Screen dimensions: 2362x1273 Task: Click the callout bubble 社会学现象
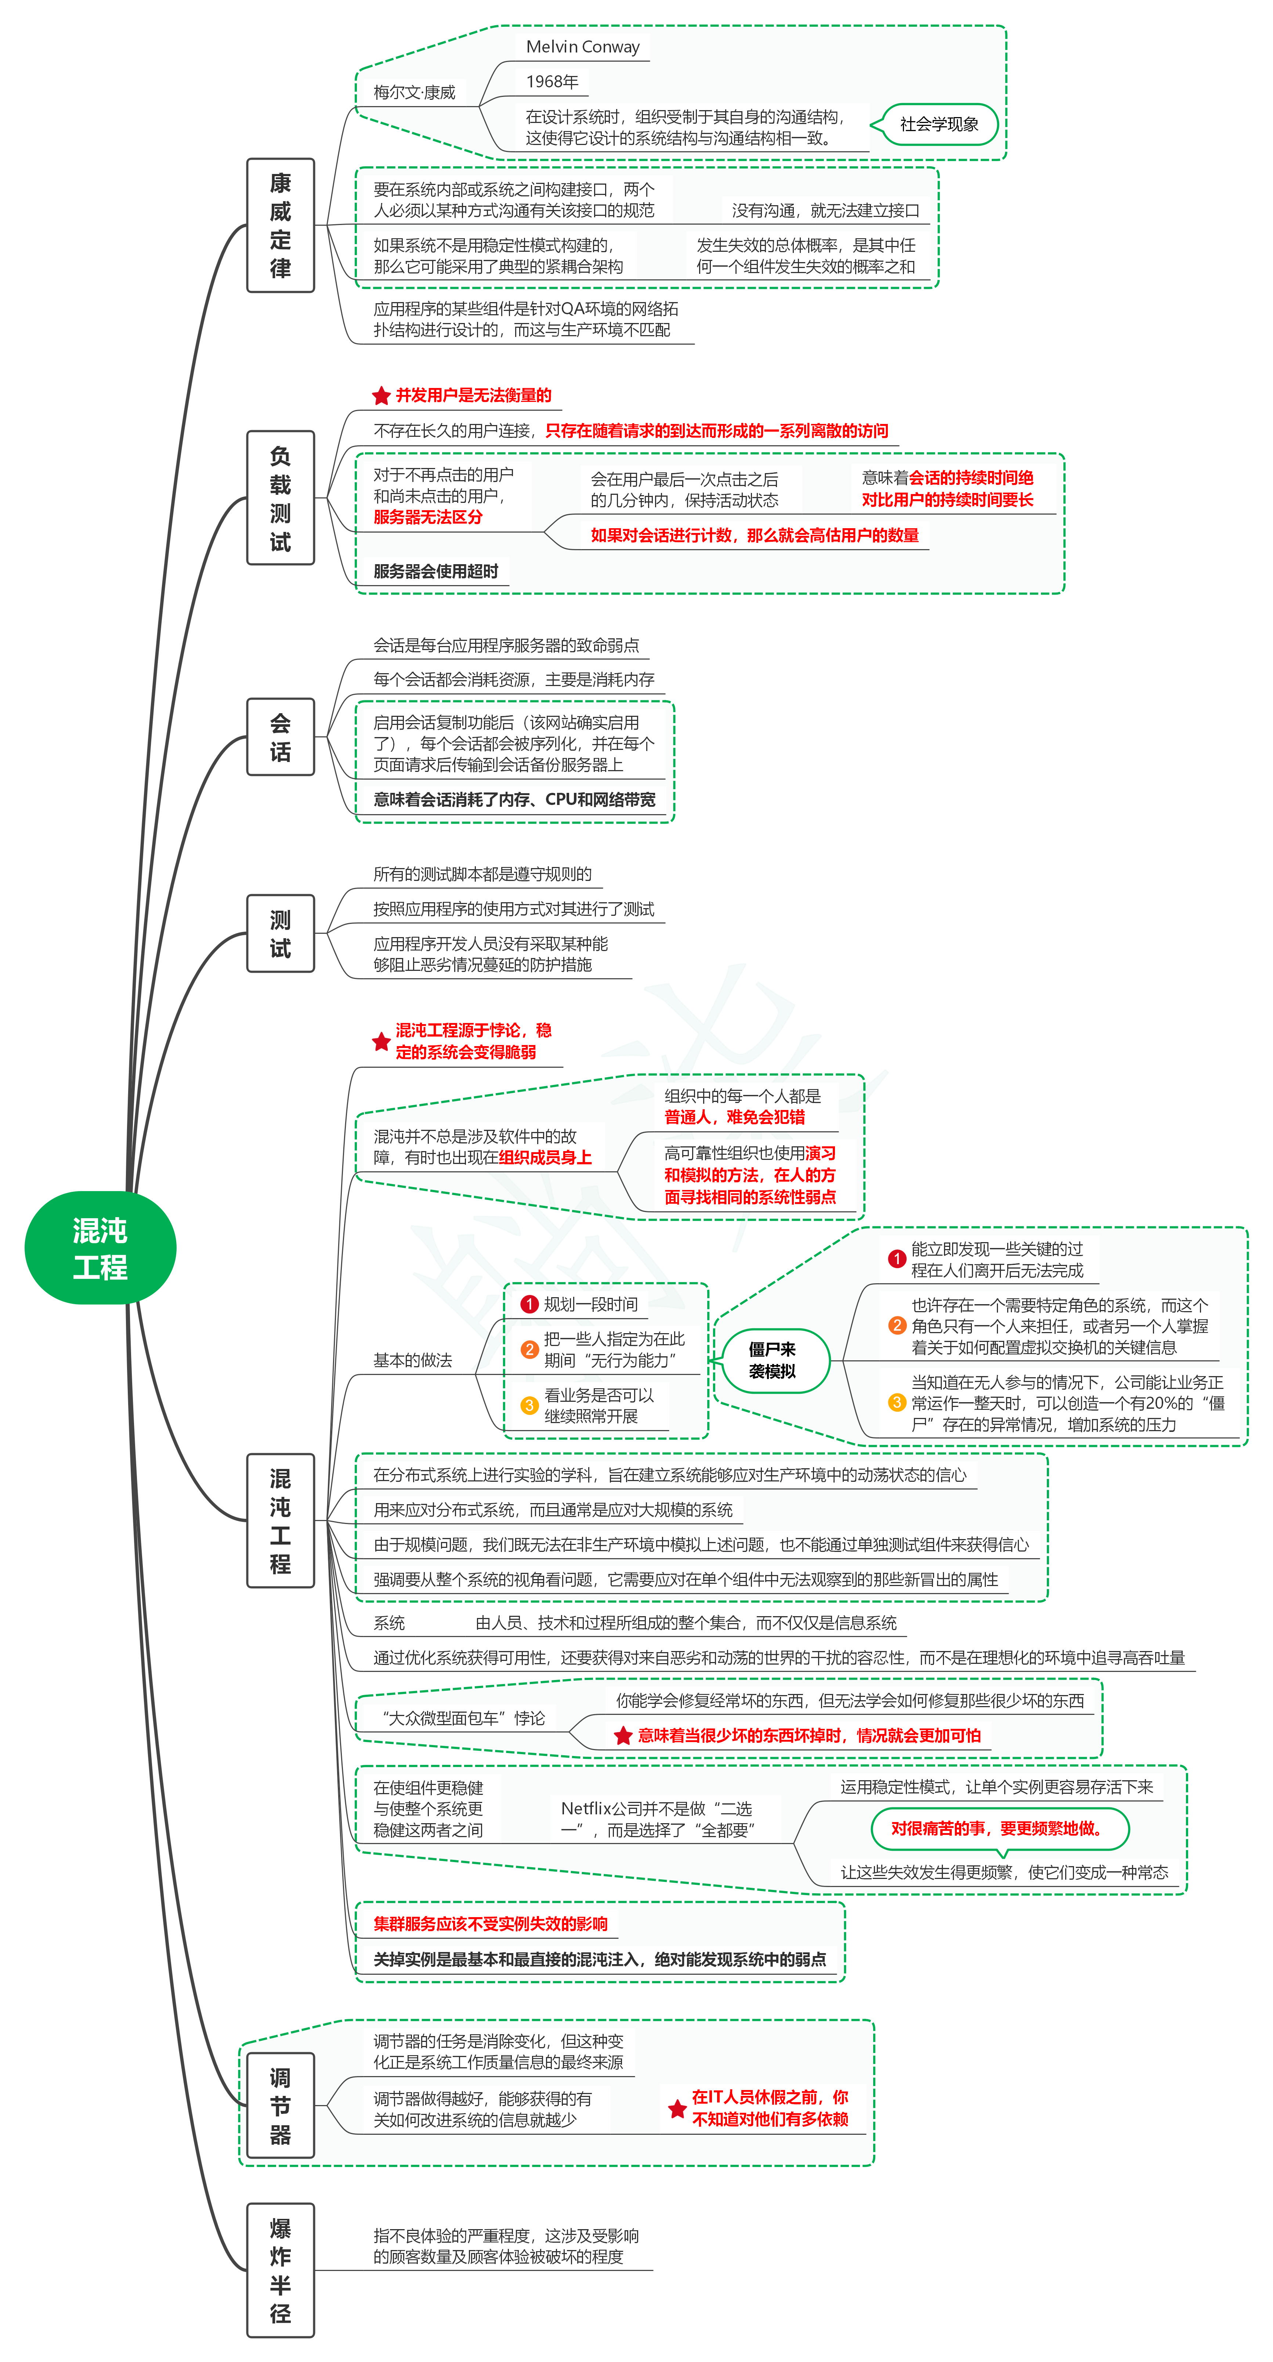coord(938,125)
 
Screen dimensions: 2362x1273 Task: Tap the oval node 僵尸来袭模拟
coord(772,1361)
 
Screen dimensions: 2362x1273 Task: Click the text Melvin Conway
coord(582,47)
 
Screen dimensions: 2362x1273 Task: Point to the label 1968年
coord(552,81)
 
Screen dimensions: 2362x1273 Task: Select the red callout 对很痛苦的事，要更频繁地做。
coord(997,1828)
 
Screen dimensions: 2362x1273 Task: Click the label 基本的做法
coord(413,1361)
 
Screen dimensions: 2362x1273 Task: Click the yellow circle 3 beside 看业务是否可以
coord(529,1406)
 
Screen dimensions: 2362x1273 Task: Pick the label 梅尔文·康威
coord(415,92)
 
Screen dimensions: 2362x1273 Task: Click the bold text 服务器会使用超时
coord(435,571)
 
